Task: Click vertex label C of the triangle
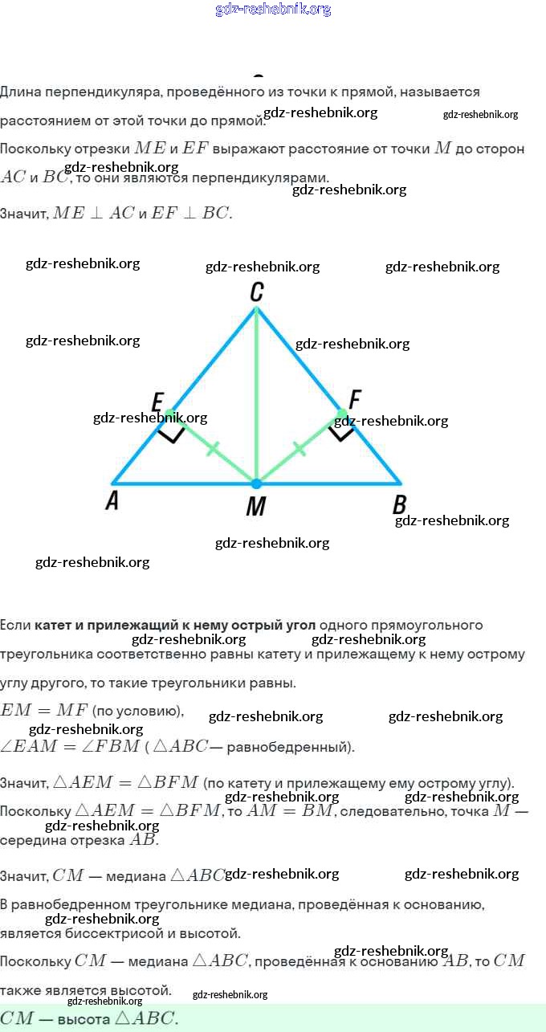pyautogui.click(x=256, y=293)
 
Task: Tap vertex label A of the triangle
pyautogui.click(x=112, y=501)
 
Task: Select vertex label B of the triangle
pyautogui.click(x=399, y=504)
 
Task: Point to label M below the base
pyautogui.click(x=256, y=506)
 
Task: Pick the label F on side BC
pyautogui.click(x=355, y=398)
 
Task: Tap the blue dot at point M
pyautogui.click(x=256, y=483)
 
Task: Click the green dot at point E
pyautogui.click(x=170, y=414)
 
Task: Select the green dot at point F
pyautogui.click(x=341, y=414)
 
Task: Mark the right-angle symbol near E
pyautogui.click(x=170, y=434)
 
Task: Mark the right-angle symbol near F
pyautogui.click(x=341, y=434)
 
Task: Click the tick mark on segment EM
pyautogui.click(x=213, y=449)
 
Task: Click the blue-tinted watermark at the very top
pyautogui.click(x=273, y=10)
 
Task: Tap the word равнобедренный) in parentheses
pyautogui.click(x=291, y=747)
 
